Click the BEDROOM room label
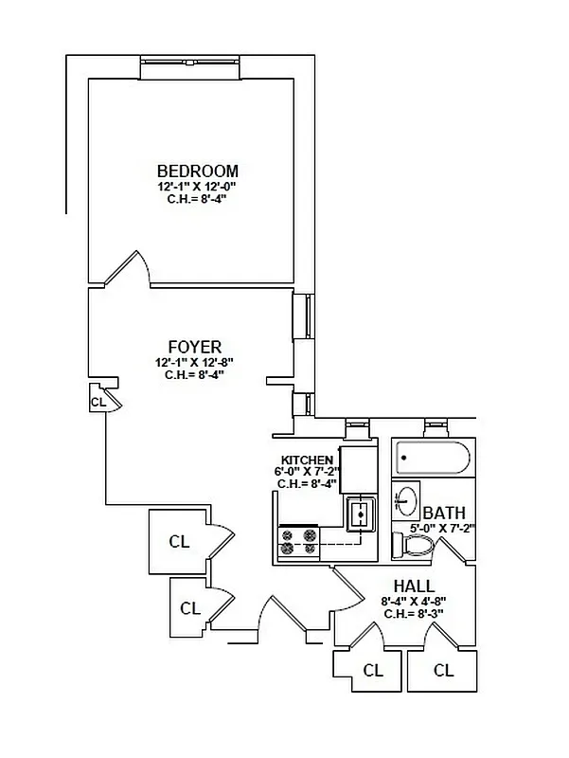tap(198, 171)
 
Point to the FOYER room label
tap(195, 346)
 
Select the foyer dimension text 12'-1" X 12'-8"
tap(195, 362)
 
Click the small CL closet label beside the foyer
tap(97, 402)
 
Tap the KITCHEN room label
tap(305, 460)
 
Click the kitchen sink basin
tap(361, 514)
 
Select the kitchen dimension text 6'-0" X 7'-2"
tap(306, 471)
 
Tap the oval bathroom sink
tap(407, 498)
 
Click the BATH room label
tap(444, 513)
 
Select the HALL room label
tap(414, 587)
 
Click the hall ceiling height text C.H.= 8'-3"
tap(414, 613)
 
